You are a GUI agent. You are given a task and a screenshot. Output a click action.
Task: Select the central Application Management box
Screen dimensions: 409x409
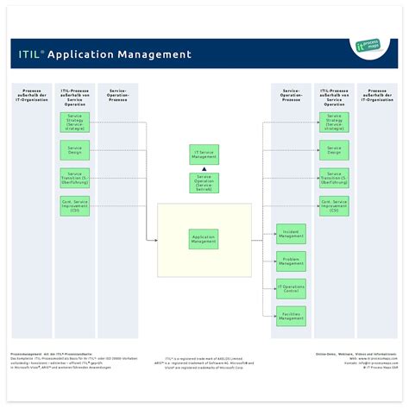point(204,240)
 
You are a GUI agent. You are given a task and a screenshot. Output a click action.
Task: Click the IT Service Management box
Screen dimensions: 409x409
point(204,155)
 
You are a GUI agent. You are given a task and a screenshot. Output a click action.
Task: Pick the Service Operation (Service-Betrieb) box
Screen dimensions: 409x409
point(204,183)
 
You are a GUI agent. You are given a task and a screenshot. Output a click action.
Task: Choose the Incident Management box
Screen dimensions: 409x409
point(291,234)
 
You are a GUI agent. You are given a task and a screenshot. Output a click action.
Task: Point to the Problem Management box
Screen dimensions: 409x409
point(291,261)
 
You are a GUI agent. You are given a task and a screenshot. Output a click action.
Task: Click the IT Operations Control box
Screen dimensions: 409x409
point(291,289)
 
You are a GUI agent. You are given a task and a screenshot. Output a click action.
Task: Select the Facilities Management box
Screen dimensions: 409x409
point(291,317)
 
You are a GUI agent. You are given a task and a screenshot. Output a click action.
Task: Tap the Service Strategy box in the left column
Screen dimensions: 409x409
point(74,122)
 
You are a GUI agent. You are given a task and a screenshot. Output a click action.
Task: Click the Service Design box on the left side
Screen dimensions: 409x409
point(74,150)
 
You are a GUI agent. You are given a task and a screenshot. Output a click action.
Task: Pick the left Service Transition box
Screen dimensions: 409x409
point(74,178)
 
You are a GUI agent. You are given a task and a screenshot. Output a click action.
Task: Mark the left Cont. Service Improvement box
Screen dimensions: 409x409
point(74,205)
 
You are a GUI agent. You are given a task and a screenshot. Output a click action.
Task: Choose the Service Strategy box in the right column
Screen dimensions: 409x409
point(334,122)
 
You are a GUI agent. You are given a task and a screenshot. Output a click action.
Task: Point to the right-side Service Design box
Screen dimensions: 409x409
point(334,150)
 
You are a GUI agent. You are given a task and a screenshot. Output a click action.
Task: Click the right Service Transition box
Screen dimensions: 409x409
point(334,178)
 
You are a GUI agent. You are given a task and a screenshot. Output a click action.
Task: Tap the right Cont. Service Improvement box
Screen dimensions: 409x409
point(334,205)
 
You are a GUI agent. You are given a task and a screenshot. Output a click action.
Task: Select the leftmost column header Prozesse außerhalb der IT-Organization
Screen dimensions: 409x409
point(30,92)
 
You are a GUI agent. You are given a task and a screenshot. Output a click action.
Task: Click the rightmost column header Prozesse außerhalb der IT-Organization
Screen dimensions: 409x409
point(377,92)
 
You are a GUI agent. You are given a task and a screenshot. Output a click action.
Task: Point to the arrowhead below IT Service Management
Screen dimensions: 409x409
point(204,168)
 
